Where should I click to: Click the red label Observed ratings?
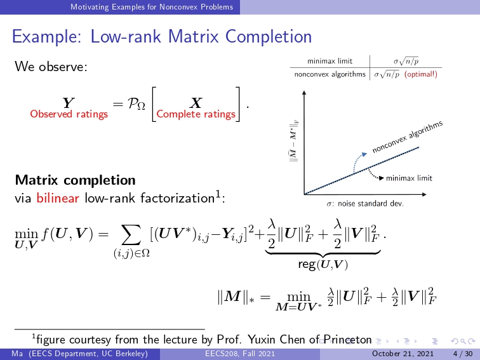[69, 114]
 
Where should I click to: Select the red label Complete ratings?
[196, 114]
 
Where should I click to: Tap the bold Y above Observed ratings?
[69, 103]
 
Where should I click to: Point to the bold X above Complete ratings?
[196, 103]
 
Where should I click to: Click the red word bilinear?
[58, 198]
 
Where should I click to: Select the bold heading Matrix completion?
[76, 180]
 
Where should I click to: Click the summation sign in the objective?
[131, 234]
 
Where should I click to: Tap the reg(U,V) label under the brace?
[323, 264]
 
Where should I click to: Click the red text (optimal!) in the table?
[420, 74]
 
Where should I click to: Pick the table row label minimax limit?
[330, 61]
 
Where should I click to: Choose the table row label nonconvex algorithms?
[330, 74]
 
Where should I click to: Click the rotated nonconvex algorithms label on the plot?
[408, 137]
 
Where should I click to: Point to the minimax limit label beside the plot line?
[409, 178]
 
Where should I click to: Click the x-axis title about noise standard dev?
[365, 204]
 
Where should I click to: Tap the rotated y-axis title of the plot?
[294, 140]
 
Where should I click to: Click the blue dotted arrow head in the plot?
[364, 154]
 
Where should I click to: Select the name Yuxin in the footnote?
[262, 340]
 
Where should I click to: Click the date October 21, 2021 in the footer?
[403, 354]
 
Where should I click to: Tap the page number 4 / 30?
[463, 354]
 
